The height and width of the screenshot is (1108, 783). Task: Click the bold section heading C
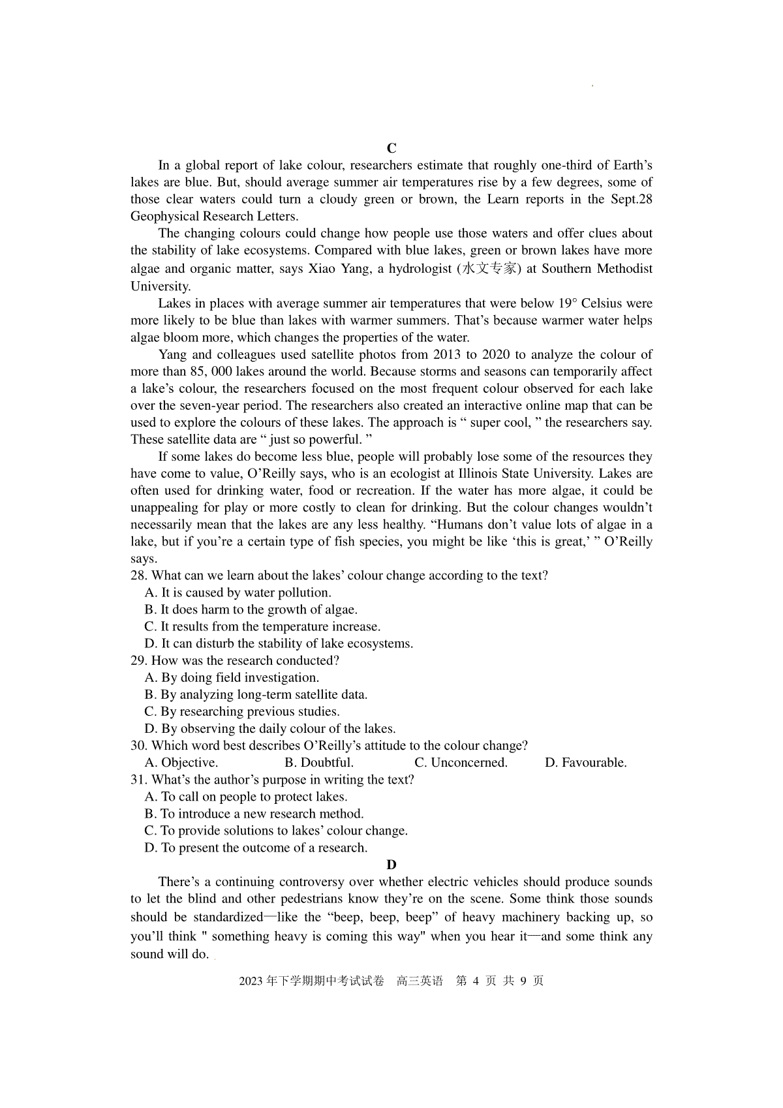tap(391, 148)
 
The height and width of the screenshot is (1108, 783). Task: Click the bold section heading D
tap(391, 865)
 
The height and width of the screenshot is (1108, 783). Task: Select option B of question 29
tap(256, 694)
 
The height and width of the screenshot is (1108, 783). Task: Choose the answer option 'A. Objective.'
tap(181, 762)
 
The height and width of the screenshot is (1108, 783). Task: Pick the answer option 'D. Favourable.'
tap(585, 762)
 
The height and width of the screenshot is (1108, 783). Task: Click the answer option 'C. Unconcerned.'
tap(461, 762)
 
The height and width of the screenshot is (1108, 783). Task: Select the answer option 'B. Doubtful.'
tap(319, 762)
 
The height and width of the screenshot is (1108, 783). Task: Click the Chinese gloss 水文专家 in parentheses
tap(490, 268)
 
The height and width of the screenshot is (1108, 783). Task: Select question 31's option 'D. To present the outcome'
tap(256, 848)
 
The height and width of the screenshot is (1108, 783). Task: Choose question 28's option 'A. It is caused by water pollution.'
tap(238, 592)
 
